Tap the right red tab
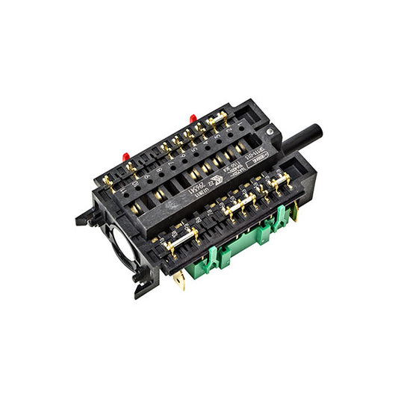[193, 118]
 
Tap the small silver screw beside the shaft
[267, 132]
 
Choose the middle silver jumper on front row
[240, 207]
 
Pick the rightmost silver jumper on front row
[280, 180]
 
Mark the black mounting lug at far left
[82, 219]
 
